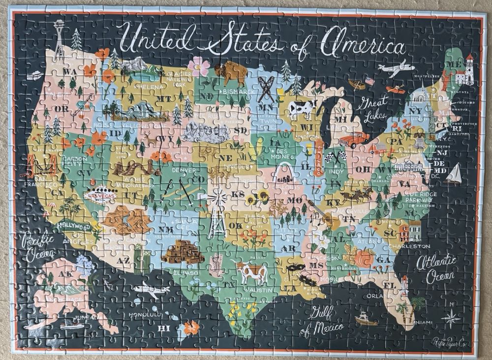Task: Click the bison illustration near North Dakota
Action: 231,72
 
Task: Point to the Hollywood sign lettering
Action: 74,226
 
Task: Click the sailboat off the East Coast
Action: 455,173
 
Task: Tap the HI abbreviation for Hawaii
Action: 165,328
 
